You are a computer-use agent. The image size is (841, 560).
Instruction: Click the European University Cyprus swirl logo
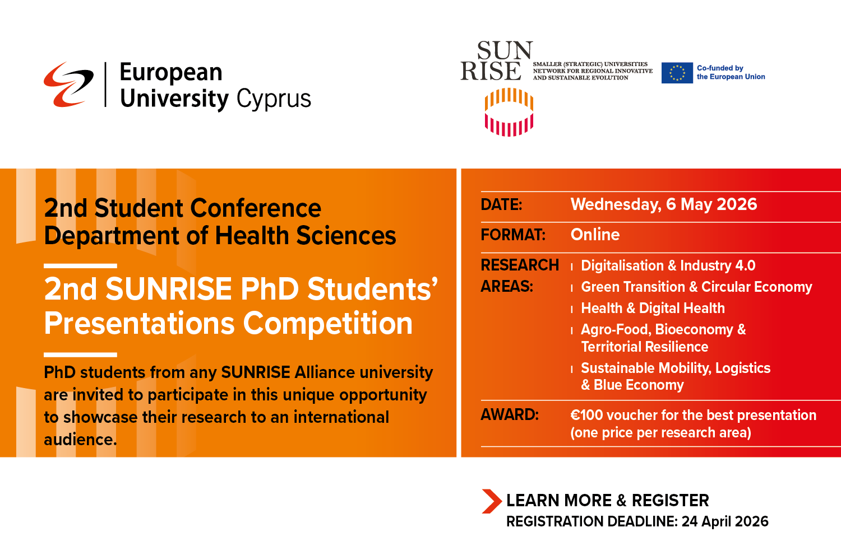[x=68, y=84]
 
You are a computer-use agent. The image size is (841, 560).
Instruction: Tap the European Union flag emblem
[x=677, y=73]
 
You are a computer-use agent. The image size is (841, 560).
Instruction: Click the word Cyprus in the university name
[x=273, y=99]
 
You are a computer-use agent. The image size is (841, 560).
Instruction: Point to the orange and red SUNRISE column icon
[x=509, y=112]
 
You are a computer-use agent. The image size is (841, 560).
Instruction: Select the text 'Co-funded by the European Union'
[x=731, y=72]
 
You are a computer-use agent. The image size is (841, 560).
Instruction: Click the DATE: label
[x=501, y=205]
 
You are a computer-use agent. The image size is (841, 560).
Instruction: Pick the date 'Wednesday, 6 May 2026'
[x=663, y=204]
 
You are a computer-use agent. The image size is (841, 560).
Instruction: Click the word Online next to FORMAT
[x=595, y=235]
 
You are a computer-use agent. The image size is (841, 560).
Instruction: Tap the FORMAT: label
[x=512, y=235]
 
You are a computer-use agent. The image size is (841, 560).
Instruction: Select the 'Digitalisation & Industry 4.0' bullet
[x=668, y=265]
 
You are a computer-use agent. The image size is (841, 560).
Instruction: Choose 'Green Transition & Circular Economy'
[x=696, y=287]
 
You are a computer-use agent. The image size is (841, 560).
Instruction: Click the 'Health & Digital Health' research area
[x=653, y=308]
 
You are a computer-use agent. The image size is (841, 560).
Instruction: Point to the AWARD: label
[x=509, y=415]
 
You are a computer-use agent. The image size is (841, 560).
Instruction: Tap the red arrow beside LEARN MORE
[x=491, y=501]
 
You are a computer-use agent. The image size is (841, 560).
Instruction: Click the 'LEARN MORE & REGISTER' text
[x=607, y=500]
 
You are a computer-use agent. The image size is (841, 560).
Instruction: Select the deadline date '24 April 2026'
[x=724, y=521]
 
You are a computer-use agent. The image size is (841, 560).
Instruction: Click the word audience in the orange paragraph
[x=80, y=440]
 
